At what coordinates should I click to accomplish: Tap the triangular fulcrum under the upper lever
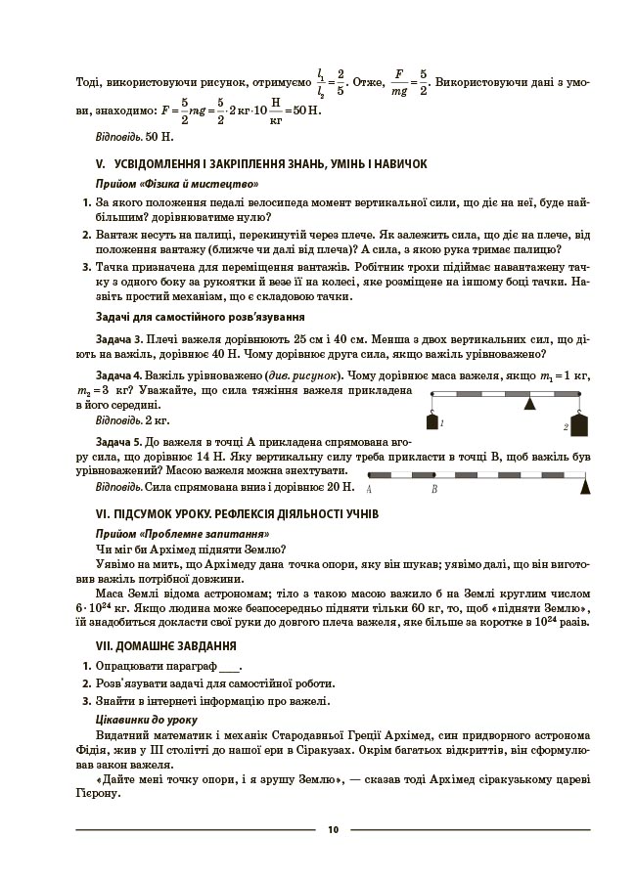click(x=529, y=402)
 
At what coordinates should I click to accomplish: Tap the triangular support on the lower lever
click(x=585, y=484)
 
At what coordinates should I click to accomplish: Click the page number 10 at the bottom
click(x=333, y=830)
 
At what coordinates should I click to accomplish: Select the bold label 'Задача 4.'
click(x=121, y=375)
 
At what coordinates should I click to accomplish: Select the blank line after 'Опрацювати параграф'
click(x=230, y=666)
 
